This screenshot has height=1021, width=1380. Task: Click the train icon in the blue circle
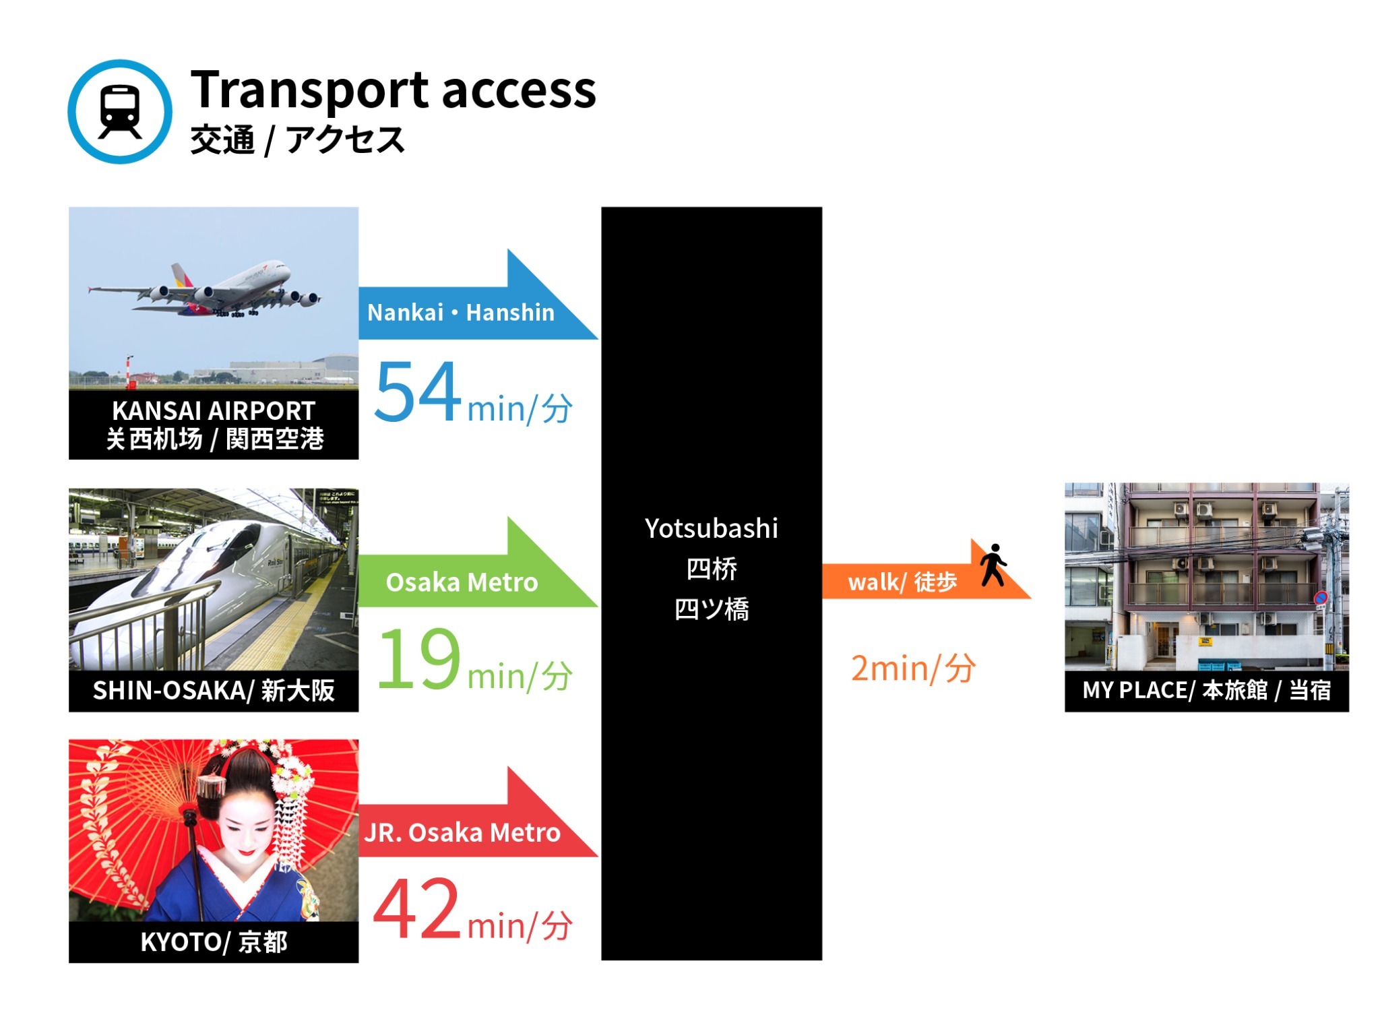pos(120,112)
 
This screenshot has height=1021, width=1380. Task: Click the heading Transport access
pos(394,90)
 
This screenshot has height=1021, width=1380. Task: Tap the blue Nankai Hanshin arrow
pos(478,295)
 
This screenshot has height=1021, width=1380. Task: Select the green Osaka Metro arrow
pos(478,562)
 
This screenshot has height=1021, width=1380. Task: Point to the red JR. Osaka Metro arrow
pos(478,812)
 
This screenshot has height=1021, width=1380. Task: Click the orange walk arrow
pos(927,569)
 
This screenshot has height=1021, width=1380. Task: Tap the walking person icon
pos(993,565)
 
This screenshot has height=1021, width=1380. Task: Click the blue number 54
pos(418,391)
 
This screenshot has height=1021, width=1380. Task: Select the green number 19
pos(419,658)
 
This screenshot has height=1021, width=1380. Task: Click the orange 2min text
pos(913,669)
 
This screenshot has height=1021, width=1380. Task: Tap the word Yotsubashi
pos(712,528)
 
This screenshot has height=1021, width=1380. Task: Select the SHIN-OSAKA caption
pos(214,691)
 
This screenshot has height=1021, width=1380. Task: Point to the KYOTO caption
pos(214,942)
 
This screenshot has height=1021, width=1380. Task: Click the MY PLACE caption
pos(1206,691)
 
